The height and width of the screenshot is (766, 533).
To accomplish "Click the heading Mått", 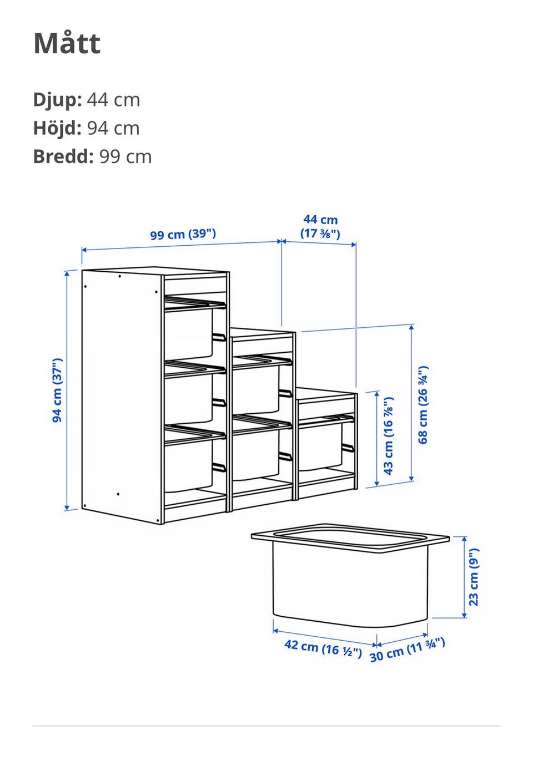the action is point(67,43).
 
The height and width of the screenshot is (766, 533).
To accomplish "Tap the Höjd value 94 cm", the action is point(113,128).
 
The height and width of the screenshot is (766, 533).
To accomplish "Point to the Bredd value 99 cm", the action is point(125,156).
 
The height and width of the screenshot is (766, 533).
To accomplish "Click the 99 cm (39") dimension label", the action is point(183,234).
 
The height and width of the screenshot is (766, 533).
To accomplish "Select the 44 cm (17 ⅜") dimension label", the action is point(320,227).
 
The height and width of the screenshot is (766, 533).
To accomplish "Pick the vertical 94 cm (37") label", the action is point(57,390).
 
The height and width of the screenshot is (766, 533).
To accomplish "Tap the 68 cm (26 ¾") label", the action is point(423,405).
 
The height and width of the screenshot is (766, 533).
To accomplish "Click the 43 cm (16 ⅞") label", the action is point(388,436).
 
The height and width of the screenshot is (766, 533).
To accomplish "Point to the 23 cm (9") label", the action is point(474,577).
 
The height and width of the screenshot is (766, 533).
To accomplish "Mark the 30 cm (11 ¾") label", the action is point(408,650).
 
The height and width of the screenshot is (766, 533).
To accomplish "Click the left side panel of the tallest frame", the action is point(121,397).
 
